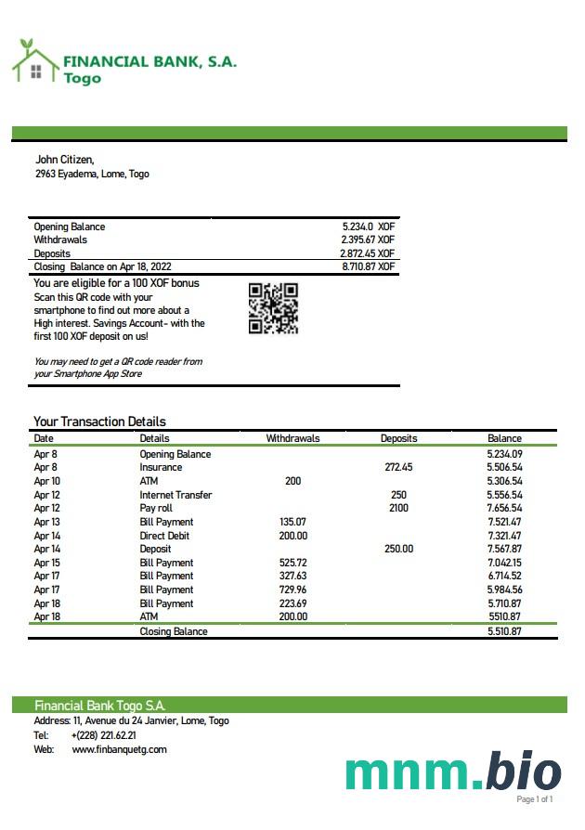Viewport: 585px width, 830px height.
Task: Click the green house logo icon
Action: click(34, 61)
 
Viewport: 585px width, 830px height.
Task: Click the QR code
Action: click(273, 308)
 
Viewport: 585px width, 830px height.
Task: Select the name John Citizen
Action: click(64, 160)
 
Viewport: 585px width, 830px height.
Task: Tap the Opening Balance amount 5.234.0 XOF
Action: click(369, 227)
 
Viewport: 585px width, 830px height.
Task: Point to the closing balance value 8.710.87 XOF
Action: click(369, 266)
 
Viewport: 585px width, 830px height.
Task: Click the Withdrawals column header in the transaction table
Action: click(292, 438)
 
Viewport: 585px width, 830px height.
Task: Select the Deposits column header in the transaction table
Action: click(398, 438)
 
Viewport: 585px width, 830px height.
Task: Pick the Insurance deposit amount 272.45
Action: click(398, 468)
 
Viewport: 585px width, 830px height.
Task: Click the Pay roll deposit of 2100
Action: click(398, 509)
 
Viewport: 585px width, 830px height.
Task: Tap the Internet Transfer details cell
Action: click(175, 495)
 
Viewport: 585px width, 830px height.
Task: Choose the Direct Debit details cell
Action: click(164, 536)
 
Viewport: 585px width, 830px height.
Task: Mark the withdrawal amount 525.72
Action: click(292, 563)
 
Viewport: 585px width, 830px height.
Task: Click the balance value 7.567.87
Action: click(504, 549)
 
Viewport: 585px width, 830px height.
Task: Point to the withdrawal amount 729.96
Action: click(292, 590)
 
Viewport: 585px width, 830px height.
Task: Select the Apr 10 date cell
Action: click(46, 481)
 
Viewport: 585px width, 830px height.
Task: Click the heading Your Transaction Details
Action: click(99, 421)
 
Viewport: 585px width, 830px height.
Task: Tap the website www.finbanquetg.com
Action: click(119, 749)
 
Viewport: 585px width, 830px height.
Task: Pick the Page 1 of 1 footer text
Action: click(535, 799)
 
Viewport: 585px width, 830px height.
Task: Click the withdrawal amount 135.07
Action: click(292, 522)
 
